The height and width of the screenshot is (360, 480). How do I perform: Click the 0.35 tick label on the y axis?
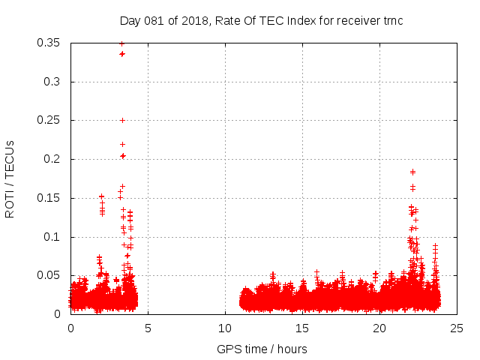(x=49, y=43)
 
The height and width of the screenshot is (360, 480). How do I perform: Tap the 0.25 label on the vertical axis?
(x=49, y=120)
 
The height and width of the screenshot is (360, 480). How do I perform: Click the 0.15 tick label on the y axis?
(x=49, y=198)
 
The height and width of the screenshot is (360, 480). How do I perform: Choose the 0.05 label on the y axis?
(x=49, y=275)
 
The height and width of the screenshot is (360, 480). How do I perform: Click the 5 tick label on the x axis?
(x=148, y=328)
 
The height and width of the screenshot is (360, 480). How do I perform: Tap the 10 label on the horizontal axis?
(x=225, y=328)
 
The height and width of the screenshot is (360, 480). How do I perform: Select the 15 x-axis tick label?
(x=302, y=328)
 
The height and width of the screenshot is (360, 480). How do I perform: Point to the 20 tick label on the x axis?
(x=379, y=328)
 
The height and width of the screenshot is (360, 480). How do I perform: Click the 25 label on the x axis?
(x=457, y=328)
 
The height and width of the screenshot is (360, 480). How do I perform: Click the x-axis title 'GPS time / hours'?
(x=262, y=349)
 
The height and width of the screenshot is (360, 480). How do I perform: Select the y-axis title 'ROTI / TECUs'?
(x=10, y=178)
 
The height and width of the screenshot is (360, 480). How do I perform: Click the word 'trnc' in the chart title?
(x=391, y=20)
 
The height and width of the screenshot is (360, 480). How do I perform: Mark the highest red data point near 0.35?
(x=121, y=43)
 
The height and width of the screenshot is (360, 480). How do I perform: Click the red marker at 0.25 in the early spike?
(x=122, y=120)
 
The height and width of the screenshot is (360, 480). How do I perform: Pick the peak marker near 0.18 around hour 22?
(x=412, y=172)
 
